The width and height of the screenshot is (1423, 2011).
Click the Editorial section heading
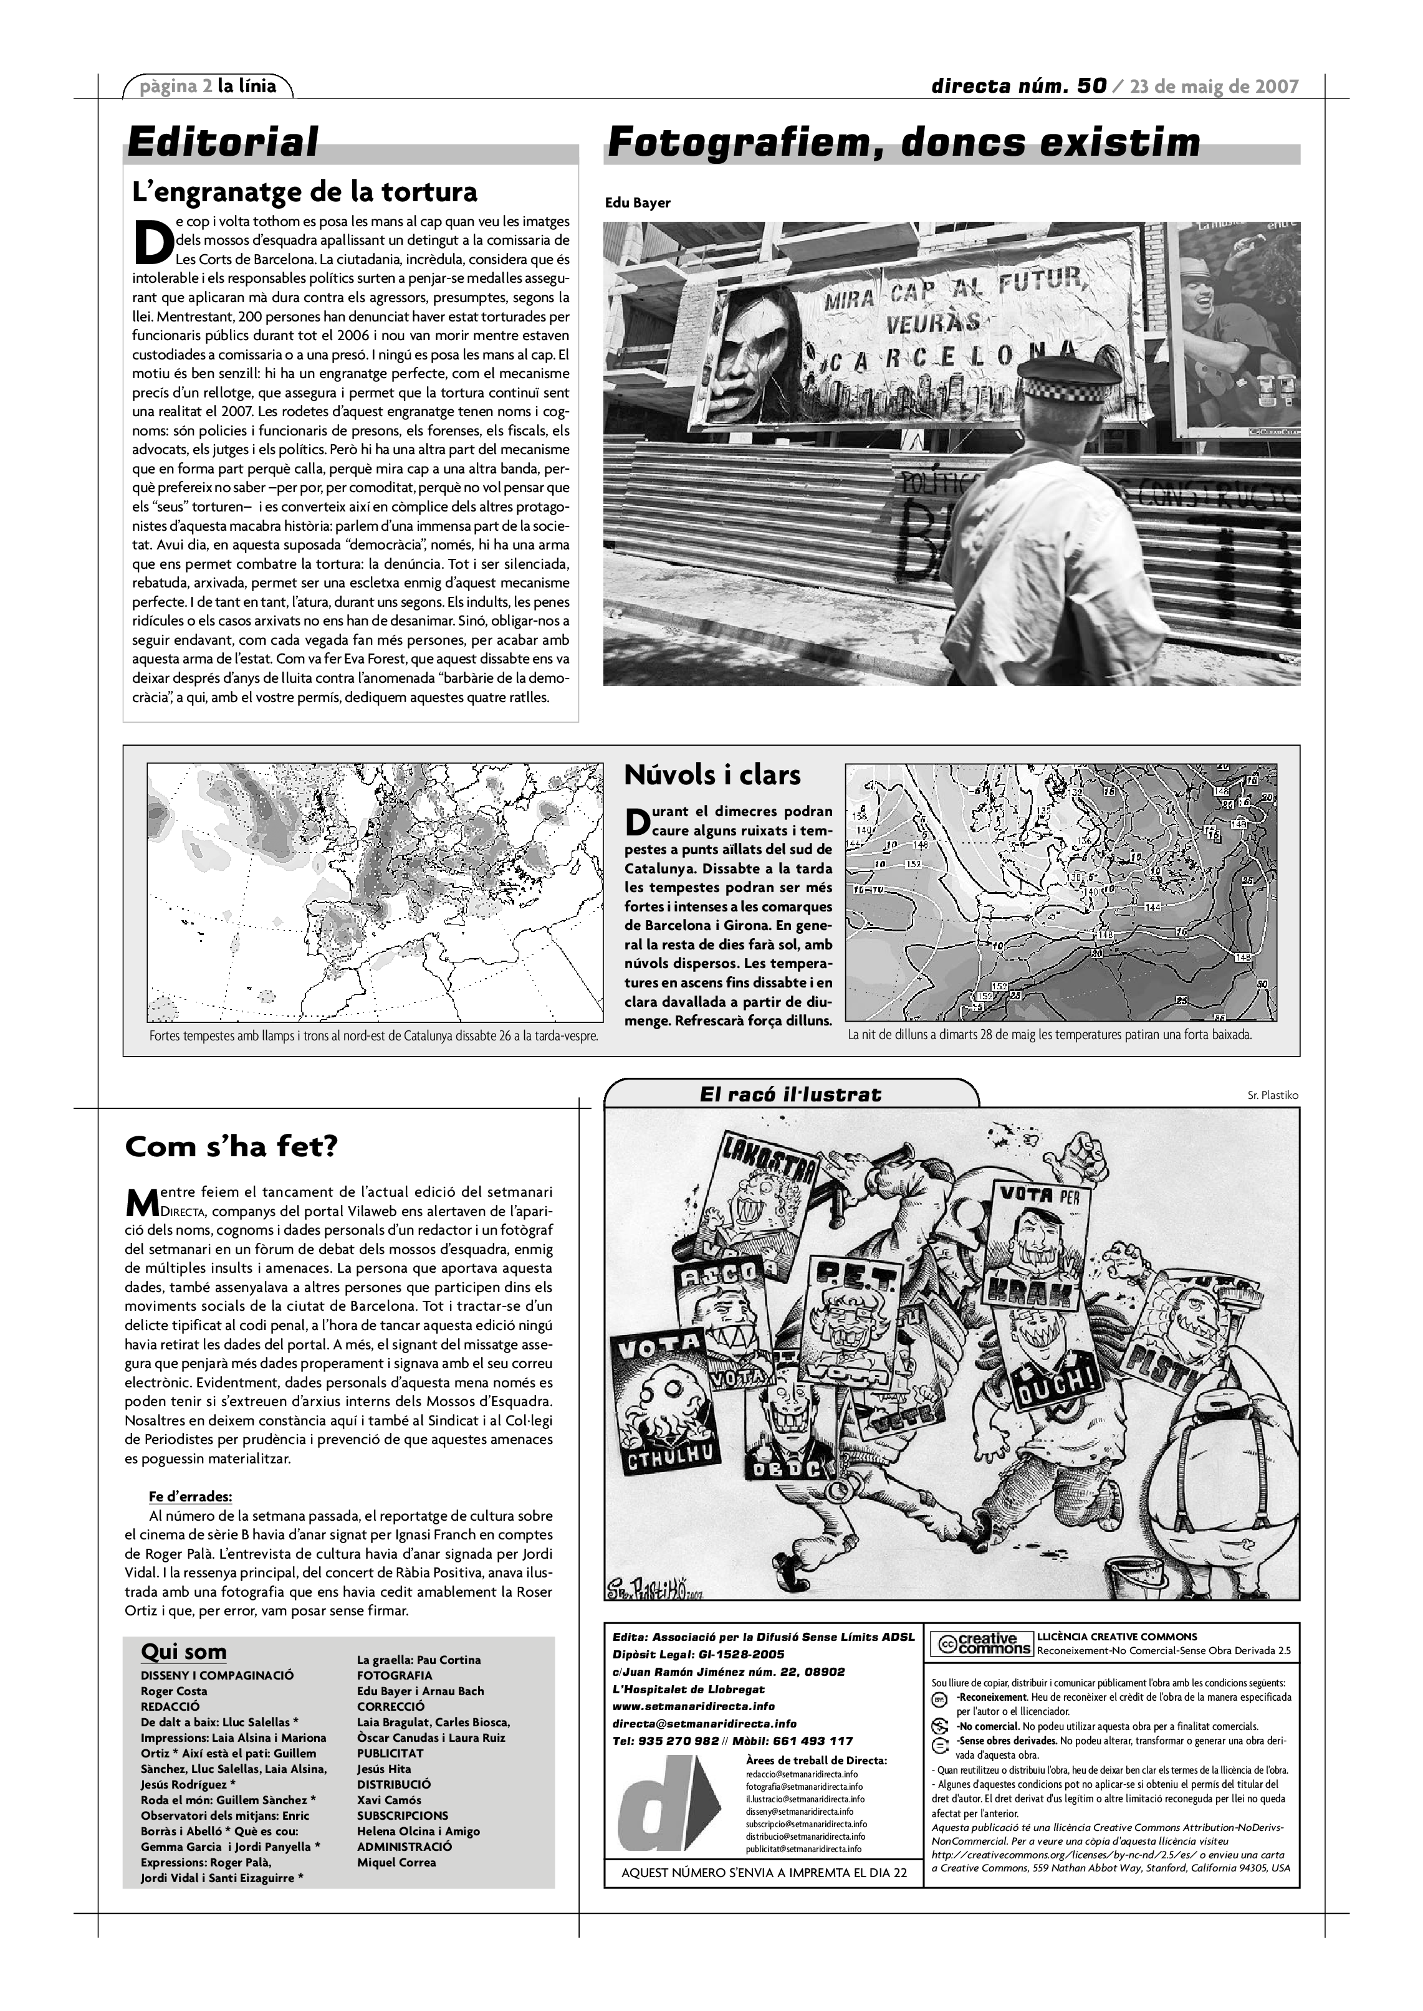(x=223, y=143)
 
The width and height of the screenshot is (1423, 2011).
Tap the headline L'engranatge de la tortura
(x=304, y=192)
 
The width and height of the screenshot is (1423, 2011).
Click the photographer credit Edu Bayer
(x=637, y=203)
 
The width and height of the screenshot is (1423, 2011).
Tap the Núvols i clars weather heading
(x=712, y=775)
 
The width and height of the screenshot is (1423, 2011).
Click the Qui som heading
(x=183, y=1652)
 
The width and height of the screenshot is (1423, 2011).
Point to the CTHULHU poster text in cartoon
(x=670, y=1457)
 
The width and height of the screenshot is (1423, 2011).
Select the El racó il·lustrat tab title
(x=790, y=1094)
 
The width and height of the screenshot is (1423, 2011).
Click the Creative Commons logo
(x=980, y=1644)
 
